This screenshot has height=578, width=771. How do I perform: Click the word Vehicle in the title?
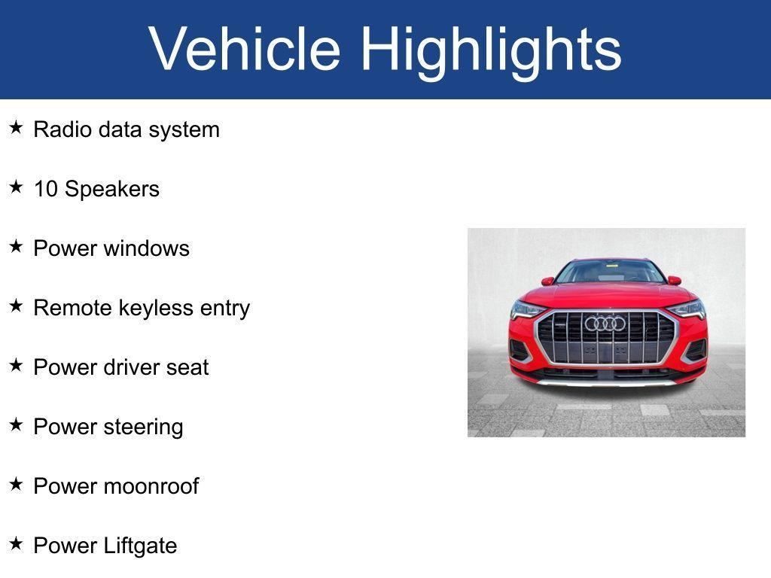click(x=245, y=49)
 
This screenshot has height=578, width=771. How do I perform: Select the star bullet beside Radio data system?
click(x=16, y=128)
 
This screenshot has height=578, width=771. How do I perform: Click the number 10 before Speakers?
click(x=46, y=189)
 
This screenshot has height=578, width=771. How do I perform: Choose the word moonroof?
click(x=151, y=486)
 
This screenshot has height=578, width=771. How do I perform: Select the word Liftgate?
click(x=140, y=546)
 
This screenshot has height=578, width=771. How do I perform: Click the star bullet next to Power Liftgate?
click(x=16, y=543)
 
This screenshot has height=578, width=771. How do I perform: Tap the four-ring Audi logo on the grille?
click(x=605, y=324)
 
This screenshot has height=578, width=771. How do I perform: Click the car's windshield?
click(x=610, y=272)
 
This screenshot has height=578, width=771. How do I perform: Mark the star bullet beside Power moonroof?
click(x=16, y=484)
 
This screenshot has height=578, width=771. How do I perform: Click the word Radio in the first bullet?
click(x=63, y=129)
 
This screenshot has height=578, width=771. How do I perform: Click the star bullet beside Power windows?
click(x=16, y=246)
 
